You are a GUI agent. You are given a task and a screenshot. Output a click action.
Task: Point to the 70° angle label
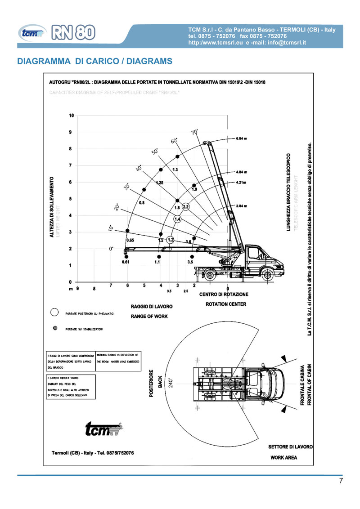pos(195,132)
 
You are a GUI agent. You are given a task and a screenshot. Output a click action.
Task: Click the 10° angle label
pos(111,228)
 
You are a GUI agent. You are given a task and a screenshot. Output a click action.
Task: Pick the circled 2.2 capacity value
pos(185,207)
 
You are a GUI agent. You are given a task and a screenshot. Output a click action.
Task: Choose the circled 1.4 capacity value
pos(177,219)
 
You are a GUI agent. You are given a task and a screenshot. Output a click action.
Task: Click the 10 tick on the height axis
pos(71,116)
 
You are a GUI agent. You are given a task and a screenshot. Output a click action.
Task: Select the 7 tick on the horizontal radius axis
pos(111,286)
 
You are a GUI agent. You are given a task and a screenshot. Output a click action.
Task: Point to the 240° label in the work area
pos(171,383)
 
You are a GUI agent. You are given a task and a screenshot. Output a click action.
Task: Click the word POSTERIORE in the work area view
pos(152,384)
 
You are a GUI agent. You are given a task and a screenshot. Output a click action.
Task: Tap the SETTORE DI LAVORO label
pos(290,447)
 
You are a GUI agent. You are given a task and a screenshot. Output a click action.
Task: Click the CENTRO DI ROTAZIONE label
pos(224,295)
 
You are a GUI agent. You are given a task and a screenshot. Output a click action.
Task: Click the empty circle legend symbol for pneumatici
pos(55,312)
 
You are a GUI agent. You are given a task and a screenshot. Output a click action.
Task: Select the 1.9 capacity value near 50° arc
pos(194,189)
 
